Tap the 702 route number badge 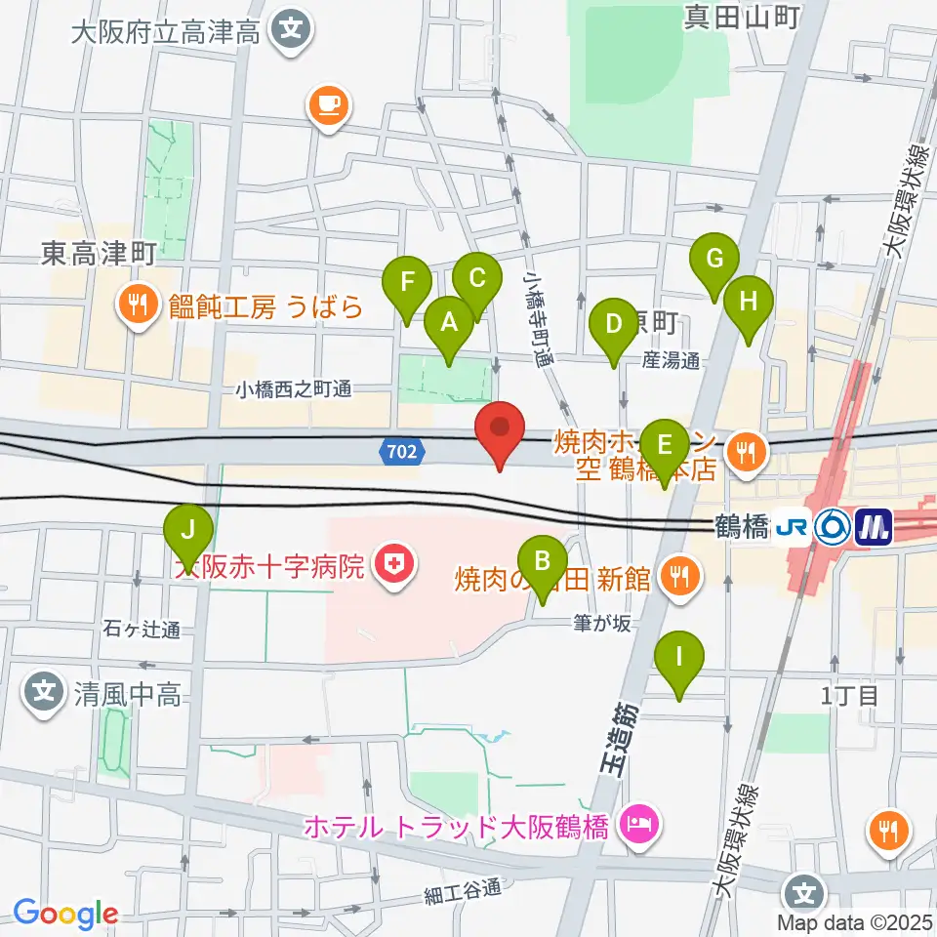click(400, 452)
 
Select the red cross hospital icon click(395, 563)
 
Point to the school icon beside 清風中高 click(44, 694)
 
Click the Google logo click(65, 914)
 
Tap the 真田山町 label click(754, 16)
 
